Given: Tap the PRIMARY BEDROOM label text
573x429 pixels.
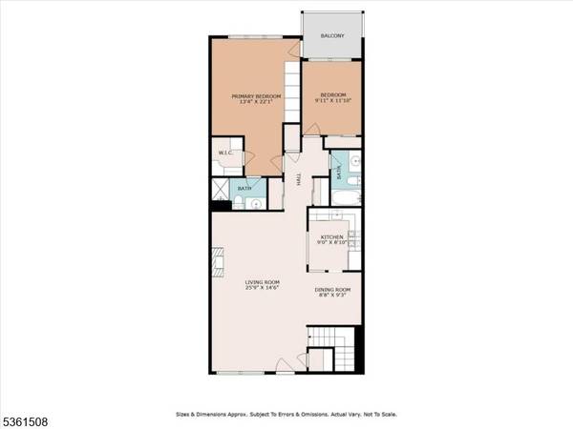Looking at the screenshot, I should point(253,96).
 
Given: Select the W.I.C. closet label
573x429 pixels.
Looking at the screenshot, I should point(225,153).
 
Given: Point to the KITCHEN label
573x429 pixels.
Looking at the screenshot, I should point(331,236).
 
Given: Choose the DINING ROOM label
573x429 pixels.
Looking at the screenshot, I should point(333,290).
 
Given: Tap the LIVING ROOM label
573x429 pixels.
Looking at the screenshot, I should point(262,282).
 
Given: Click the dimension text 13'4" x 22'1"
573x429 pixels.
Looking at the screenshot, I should point(253,103).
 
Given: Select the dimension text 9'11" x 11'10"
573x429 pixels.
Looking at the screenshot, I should point(332,101).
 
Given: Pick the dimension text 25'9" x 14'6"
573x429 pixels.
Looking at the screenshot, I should point(262,289).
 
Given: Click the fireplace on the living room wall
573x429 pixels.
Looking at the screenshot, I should point(216,259).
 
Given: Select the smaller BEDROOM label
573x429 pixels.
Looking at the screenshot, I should point(332,94).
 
